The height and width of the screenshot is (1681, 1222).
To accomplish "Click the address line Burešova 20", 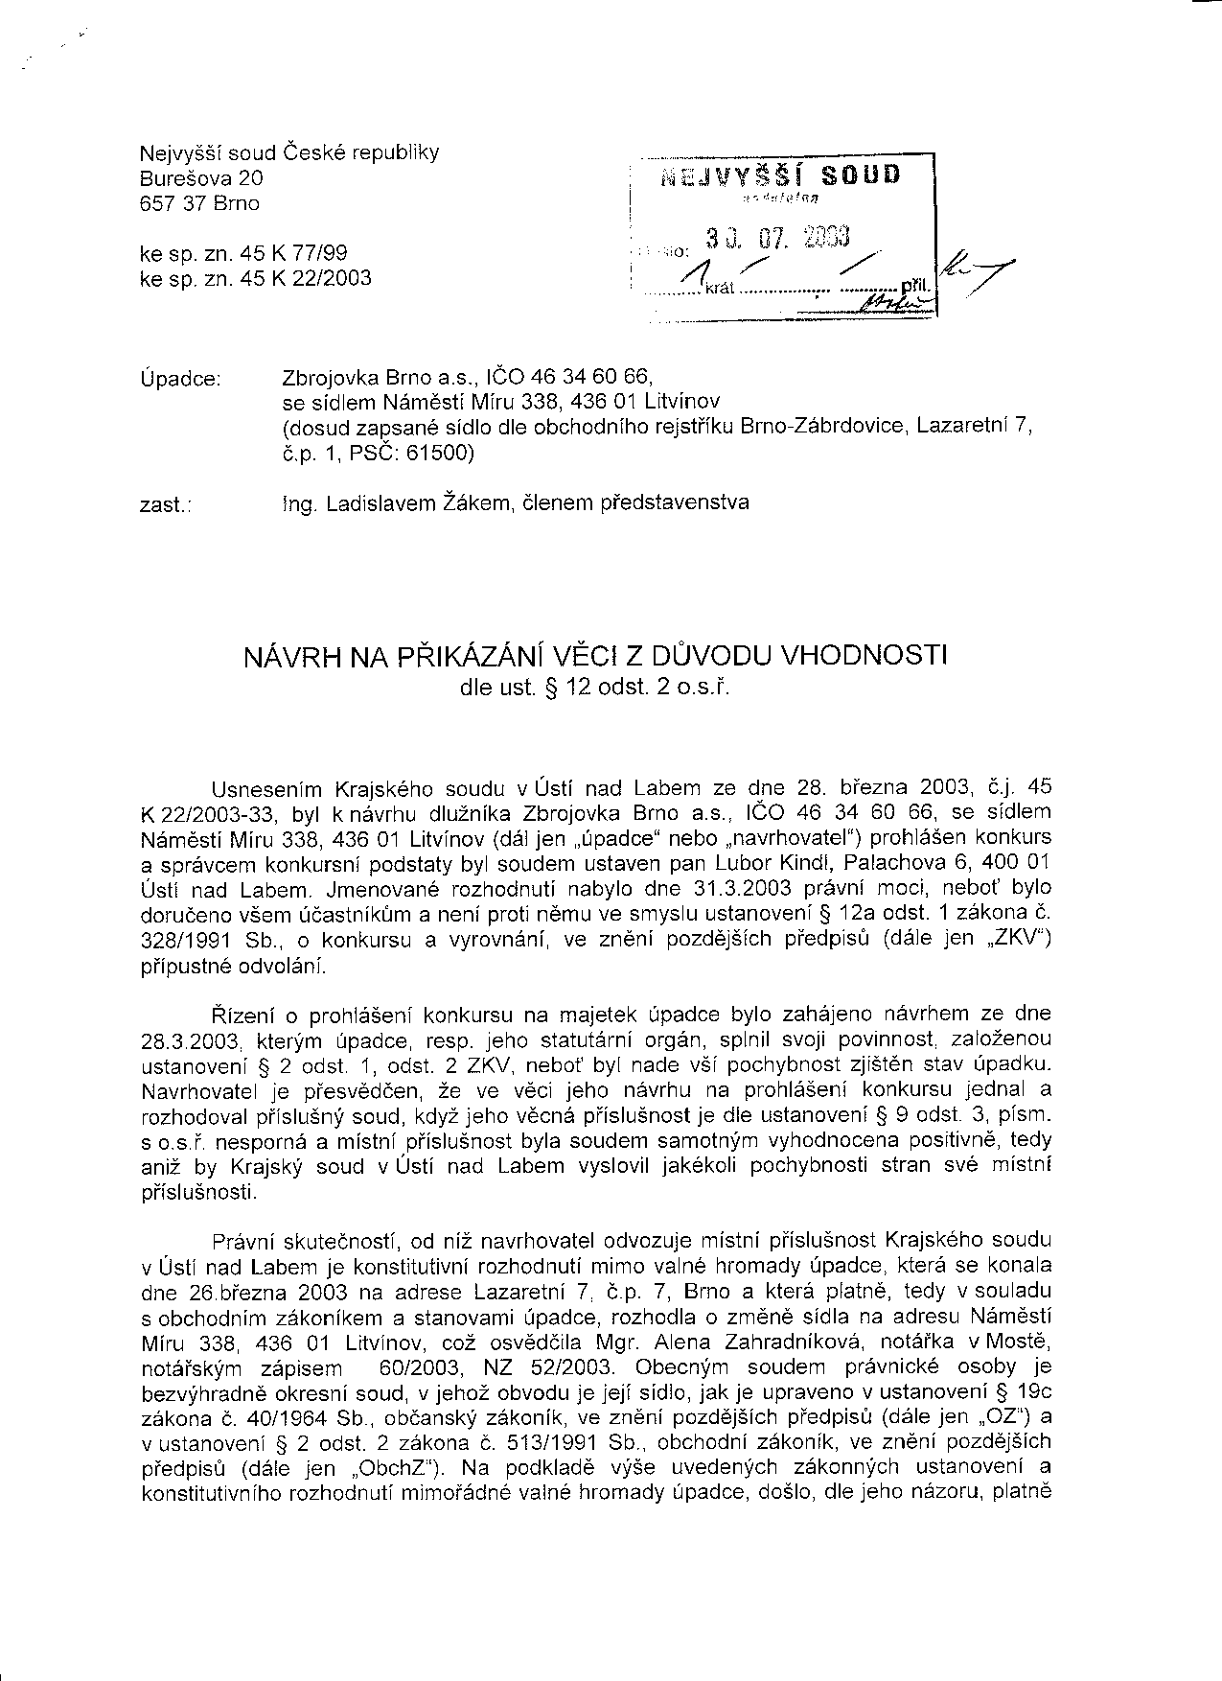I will click(x=201, y=178).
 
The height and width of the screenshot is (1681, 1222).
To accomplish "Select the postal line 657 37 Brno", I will click(x=199, y=203).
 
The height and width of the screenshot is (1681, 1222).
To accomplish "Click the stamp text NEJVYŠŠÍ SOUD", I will click(x=781, y=175).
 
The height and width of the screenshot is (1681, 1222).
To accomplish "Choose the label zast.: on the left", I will click(x=166, y=504).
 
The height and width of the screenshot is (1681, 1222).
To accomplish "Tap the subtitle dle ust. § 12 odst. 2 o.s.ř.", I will click(x=595, y=687).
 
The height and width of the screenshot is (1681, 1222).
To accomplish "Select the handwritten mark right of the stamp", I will click(x=980, y=272).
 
